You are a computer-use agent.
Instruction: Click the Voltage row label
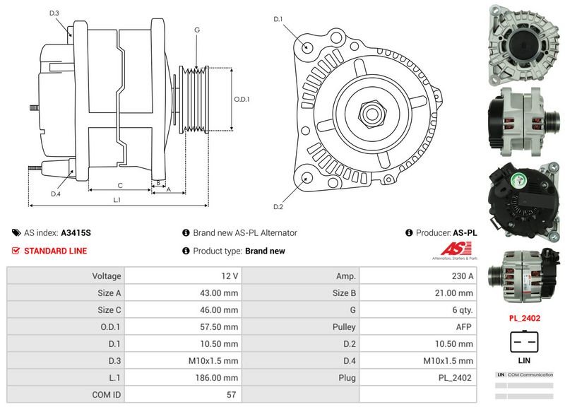(107, 275)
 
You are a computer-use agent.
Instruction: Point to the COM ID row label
(105, 394)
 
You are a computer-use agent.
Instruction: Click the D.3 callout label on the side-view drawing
(54, 13)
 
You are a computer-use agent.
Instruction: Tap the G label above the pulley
(197, 30)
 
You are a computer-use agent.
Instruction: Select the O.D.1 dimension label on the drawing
(242, 99)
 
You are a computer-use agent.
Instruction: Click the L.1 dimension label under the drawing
(117, 199)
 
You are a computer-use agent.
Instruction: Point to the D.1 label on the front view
(278, 18)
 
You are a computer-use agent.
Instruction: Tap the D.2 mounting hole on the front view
(305, 177)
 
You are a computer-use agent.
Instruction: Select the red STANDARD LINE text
(56, 251)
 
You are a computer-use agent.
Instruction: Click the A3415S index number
(76, 232)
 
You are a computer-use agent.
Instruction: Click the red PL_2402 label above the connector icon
(525, 319)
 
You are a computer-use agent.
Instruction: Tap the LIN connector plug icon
(525, 342)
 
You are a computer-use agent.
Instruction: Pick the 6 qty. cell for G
(461, 309)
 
